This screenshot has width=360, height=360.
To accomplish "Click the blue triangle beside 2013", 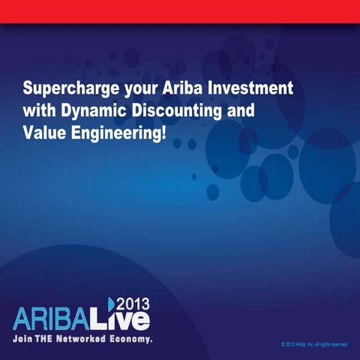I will (x=109, y=303).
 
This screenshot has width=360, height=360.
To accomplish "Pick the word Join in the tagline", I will (x=24, y=339).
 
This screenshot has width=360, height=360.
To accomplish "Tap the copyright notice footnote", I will (x=313, y=344).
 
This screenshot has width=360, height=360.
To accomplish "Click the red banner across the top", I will (x=180, y=11).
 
